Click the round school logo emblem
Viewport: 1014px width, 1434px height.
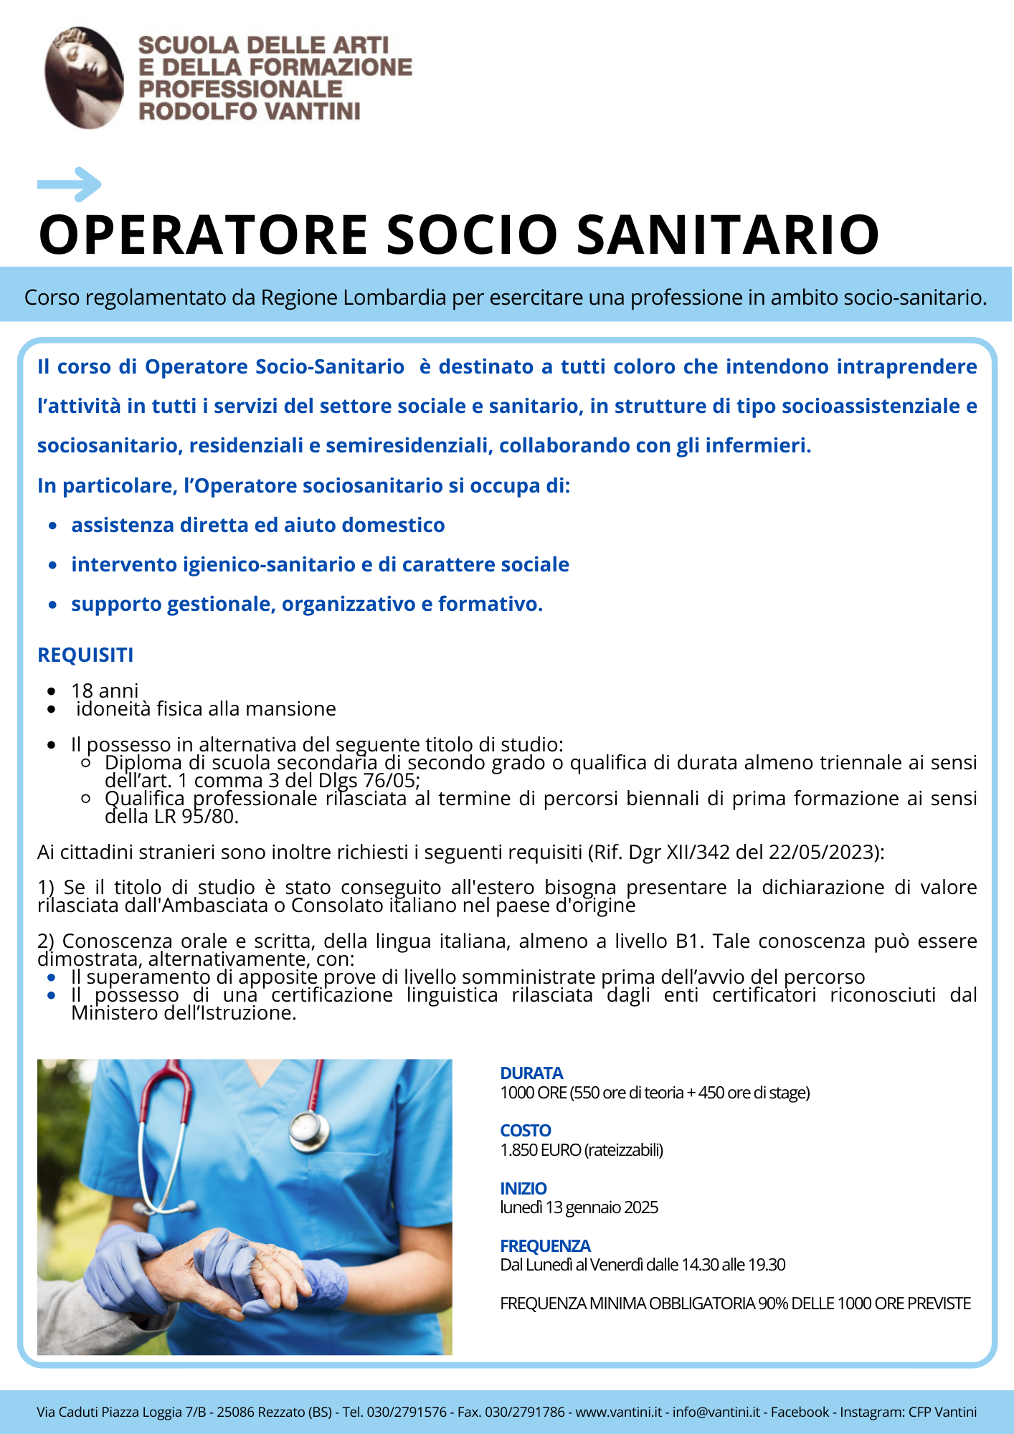[x=84, y=77]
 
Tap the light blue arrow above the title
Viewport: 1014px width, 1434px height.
[x=70, y=184]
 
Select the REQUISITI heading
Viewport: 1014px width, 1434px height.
[x=85, y=655]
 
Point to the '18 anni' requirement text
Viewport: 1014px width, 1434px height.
[x=105, y=690]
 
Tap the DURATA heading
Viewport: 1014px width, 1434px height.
[x=531, y=1073]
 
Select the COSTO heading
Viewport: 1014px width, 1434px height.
[x=526, y=1130]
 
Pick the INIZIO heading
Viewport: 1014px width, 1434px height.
[x=523, y=1188]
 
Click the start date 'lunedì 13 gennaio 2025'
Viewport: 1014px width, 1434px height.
[x=579, y=1207]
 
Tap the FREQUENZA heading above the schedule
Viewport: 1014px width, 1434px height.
[x=545, y=1245]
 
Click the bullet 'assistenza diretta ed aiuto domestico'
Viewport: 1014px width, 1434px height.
[x=257, y=525]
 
